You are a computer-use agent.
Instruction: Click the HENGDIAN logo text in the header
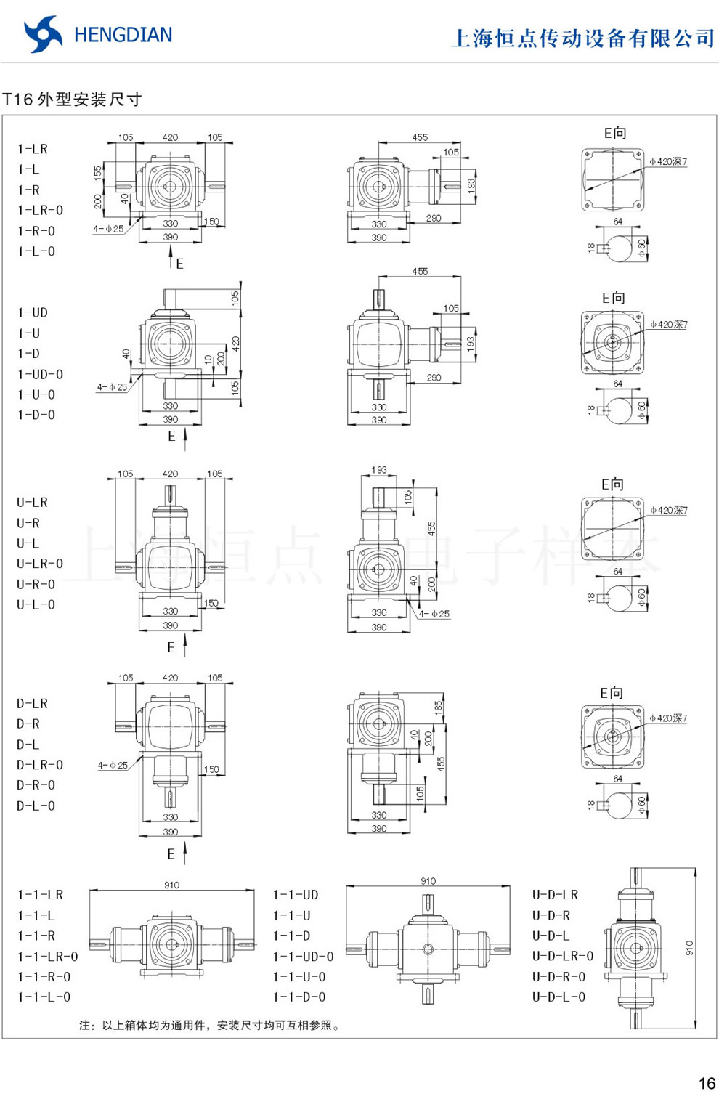[x=123, y=35]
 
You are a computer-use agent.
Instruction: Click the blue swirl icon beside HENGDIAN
[x=42, y=34]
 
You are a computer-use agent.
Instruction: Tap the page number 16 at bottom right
[x=706, y=1083]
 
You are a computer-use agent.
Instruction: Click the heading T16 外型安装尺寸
[x=72, y=100]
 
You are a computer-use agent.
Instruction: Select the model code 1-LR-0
[x=40, y=211]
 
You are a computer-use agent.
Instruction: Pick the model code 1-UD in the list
[x=33, y=313]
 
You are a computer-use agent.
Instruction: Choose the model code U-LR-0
[x=40, y=564]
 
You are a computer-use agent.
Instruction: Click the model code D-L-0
[x=36, y=806]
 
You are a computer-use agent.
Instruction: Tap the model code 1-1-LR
[x=40, y=895]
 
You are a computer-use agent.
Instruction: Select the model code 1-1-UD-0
[x=303, y=957]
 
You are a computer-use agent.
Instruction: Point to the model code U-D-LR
[x=555, y=895]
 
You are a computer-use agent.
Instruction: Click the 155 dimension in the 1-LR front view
[x=98, y=174]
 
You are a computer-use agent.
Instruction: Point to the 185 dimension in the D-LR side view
[x=439, y=707]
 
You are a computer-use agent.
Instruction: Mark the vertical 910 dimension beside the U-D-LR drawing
[x=689, y=947]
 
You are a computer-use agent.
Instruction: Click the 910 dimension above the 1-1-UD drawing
[x=428, y=881]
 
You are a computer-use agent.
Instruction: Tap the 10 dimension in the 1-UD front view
[x=208, y=360]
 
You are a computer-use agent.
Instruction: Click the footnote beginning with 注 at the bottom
[x=210, y=1025]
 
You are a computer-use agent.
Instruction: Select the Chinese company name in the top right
[x=582, y=38]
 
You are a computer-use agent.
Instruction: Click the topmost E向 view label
[x=614, y=133]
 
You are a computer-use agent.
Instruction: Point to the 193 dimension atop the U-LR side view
[x=379, y=470]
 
